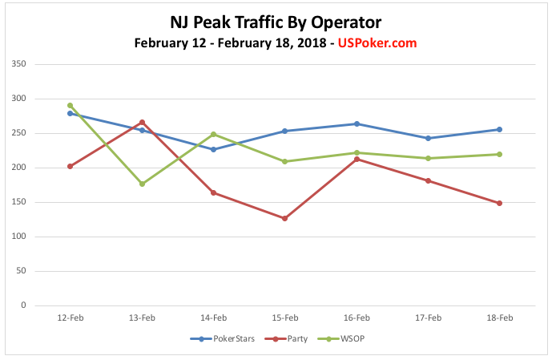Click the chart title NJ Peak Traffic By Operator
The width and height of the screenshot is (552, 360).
(275, 22)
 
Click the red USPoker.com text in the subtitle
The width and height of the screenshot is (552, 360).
(378, 42)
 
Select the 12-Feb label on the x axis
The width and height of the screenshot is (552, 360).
(71, 318)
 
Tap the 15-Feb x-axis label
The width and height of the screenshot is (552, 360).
(285, 318)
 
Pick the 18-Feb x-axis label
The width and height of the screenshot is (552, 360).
(500, 318)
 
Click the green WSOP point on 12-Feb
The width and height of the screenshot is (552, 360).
(71, 105)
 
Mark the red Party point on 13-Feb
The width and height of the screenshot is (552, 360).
(142, 122)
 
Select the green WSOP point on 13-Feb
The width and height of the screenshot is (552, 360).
(142, 184)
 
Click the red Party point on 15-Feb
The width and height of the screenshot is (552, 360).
(285, 218)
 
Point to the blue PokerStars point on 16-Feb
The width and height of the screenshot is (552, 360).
(357, 123)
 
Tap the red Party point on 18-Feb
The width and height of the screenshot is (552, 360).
(500, 203)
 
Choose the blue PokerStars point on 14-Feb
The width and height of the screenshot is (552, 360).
(213, 149)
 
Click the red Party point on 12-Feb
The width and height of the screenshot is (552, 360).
(71, 166)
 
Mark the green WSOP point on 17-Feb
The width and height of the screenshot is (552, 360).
(428, 158)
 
